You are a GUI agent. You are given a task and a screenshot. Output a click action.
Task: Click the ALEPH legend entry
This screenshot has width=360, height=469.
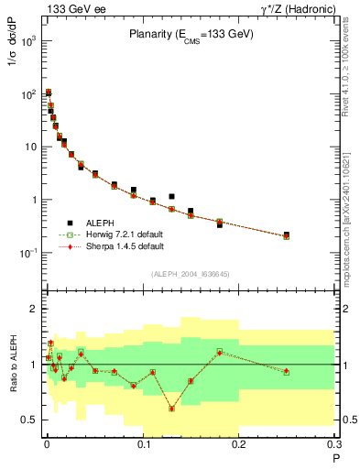[103, 222]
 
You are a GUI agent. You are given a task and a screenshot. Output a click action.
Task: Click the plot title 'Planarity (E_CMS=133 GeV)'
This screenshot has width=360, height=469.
[190, 36]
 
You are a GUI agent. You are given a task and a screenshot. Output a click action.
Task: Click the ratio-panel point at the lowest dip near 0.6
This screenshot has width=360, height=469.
[171, 409]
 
